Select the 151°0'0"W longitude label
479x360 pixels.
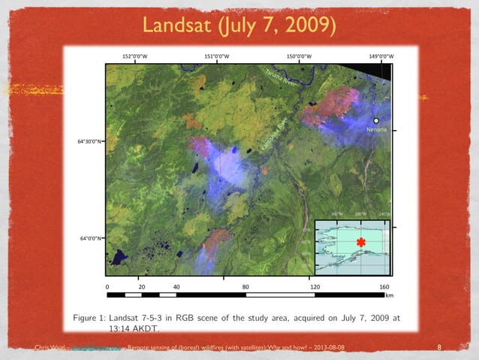(217, 56)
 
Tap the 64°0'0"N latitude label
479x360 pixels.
(93, 237)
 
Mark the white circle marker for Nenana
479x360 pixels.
(377, 120)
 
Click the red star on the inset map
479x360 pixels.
(361, 242)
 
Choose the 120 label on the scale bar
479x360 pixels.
(315, 286)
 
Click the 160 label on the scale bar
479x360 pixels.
(384, 286)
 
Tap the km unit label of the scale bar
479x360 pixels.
(388, 296)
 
